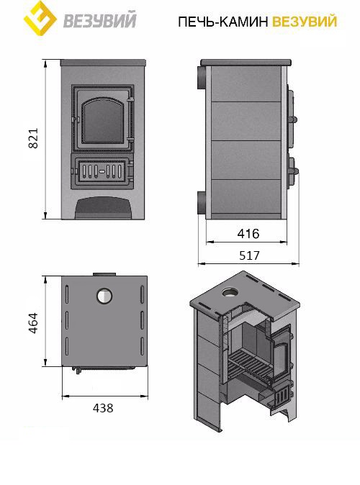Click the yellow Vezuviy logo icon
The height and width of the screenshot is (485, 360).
pos(40,18)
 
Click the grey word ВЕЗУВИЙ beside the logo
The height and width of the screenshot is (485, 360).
pos(100,19)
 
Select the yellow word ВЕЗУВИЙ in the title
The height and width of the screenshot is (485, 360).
pos(305,22)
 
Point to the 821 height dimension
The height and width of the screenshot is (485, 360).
pos(33,138)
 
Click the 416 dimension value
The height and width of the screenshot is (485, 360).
pos(248,234)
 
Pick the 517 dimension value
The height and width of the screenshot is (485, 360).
pos(250,255)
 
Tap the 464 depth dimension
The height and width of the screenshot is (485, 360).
pos(33,323)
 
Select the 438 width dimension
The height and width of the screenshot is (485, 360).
pos(103,408)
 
